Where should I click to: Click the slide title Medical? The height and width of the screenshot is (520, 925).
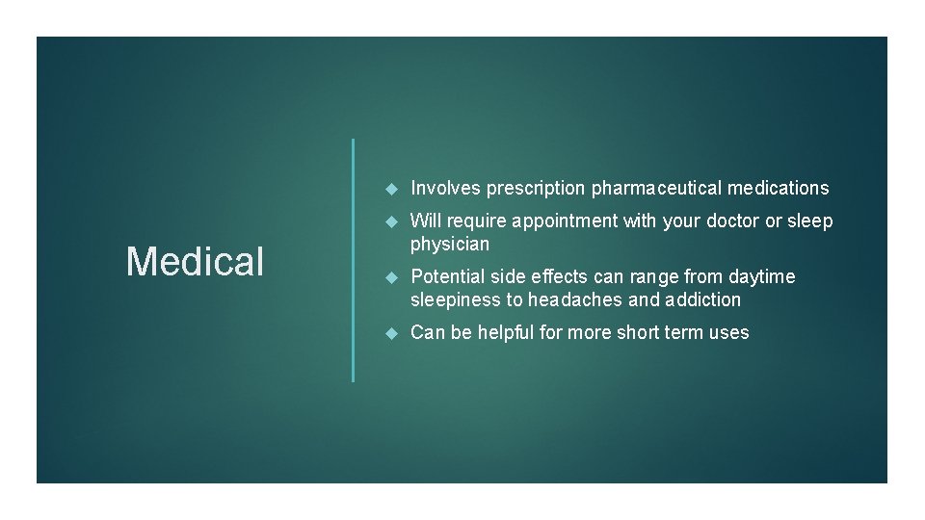coord(195,261)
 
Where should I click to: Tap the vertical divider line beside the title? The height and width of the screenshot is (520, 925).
coord(354,260)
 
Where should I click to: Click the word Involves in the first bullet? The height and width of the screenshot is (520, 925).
coord(445,188)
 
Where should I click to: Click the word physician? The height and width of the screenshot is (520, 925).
coord(450,245)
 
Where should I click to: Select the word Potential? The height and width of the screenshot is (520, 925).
coord(446,277)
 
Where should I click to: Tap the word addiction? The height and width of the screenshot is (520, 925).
coord(700,300)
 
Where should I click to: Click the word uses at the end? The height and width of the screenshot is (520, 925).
coord(727,333)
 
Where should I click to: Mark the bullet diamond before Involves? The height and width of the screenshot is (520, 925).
coord(390,188)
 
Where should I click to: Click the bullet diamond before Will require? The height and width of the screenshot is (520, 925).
coord(390,221)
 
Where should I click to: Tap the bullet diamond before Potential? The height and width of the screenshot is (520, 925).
coord(390,277)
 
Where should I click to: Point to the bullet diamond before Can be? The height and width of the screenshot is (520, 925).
coord(390,333)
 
